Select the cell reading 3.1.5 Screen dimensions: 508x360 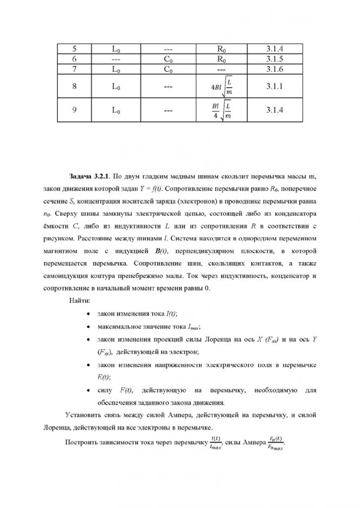pyautogui.click(x=275, y=59)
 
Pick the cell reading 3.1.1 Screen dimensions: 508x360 pyautogui.click(x=275, y=86)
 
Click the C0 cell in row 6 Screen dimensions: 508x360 pyautogui.click(x=168, y=59)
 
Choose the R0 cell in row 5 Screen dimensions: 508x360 pyautogui.click(x=221, y=49)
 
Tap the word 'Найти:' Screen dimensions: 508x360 pyautogui.click(x=79, y=300)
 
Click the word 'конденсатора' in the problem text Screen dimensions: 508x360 pyautogui.click(x=294, y=213)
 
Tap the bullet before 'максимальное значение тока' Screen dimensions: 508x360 pyautogui.click(x=88, y=326)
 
